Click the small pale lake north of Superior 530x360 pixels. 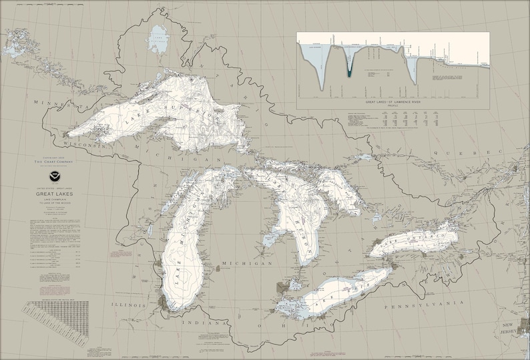pyautogui.click(x=158, y=40)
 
